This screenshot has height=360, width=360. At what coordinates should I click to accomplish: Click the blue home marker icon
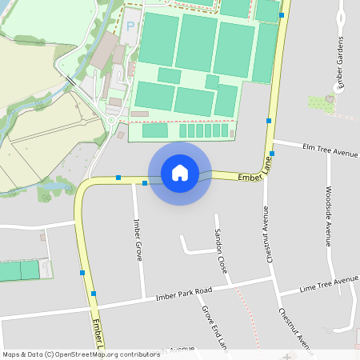point(180,173)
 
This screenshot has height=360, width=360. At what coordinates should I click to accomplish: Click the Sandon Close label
point(221,250)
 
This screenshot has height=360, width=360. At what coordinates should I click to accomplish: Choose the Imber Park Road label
point(184,293)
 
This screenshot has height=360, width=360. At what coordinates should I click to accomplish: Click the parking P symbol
point(130,26)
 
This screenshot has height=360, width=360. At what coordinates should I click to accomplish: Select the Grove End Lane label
point(213,326)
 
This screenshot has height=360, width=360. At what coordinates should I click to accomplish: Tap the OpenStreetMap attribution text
point(80,354)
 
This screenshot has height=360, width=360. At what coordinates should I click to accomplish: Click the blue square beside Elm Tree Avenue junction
point(272,153)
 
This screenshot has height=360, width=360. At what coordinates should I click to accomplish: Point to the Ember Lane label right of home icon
point(255,170)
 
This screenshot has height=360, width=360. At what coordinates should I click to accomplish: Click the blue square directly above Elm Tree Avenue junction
point(269,120)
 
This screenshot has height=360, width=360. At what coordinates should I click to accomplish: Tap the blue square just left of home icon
point(145,183)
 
